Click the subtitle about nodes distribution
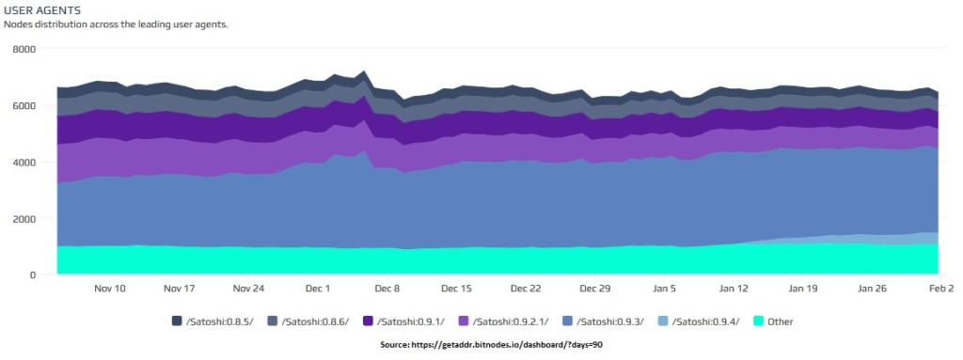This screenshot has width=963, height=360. click(x=116, y=23)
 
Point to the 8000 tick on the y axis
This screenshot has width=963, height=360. click(x=23, y=49)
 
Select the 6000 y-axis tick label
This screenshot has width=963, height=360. click(x=23, y=105)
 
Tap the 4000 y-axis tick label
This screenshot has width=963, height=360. click(x=23, y=162)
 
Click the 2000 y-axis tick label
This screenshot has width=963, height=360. click(x=23, y=218)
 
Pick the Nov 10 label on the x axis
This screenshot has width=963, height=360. click(x=110, y=289)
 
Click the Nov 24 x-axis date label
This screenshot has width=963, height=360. click(x=248, y=289)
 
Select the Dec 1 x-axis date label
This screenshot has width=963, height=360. click(x=318, y=289)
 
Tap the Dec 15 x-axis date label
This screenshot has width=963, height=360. click(x=456, y=289)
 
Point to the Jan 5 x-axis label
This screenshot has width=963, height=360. click(x=665, y=289)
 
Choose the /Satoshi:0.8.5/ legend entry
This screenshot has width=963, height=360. click(x=213, y=321)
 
